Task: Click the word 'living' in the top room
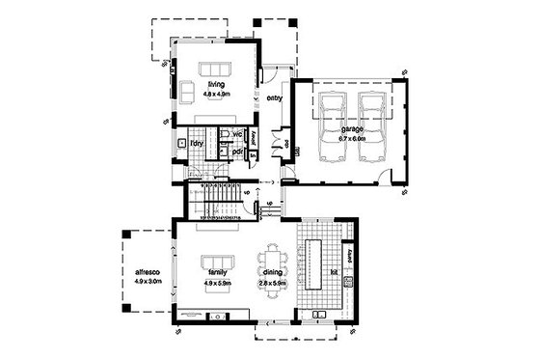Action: coord(215,85)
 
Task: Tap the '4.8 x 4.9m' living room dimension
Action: coord(215,95)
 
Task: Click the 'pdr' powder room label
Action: coord(236,152)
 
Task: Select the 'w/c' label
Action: coord(236,135)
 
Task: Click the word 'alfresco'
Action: coord(147,260)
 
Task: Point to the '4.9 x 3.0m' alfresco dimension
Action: coord(147,270)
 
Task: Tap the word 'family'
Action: coord(216,273)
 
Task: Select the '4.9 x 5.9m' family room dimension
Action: coord(216,282)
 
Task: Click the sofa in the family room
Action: coord(216,260)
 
